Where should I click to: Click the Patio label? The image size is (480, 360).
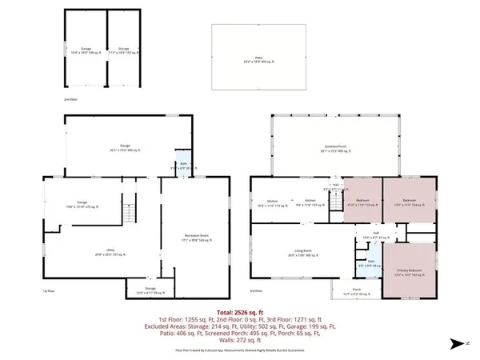(x=258, y=60)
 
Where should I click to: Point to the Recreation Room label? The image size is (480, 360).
(x=191, y=237)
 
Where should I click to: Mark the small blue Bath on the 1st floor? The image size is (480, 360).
(x=183, y=166)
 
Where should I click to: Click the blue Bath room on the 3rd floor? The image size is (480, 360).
(x=370, y=263)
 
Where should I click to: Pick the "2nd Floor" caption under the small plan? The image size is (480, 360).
(x=70, y=99)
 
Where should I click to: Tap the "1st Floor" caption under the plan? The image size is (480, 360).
(x=49, y=291)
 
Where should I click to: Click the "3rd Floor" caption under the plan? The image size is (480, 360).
(x=256, y=291)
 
